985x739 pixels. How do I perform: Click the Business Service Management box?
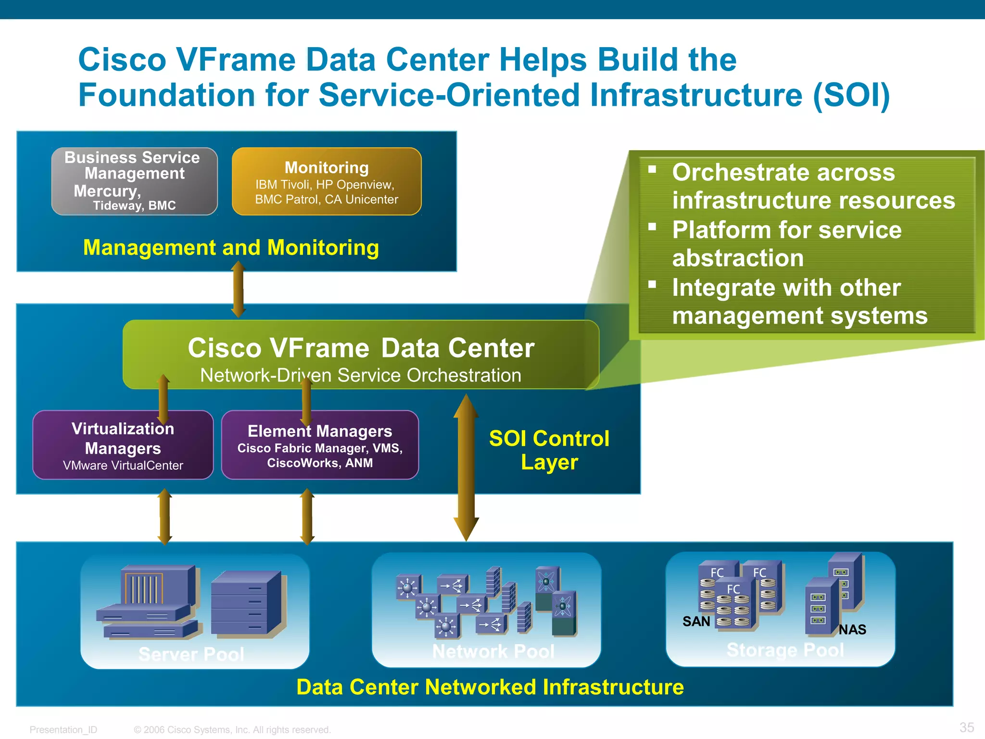tap(134, 181)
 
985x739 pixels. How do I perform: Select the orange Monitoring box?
tap(327, 181)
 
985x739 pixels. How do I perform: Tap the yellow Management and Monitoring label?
tap(231, 248)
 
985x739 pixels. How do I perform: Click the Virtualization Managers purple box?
tap(123, 445)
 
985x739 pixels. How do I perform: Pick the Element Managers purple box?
tap(320, 445)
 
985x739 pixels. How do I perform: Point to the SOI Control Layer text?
tap(549, 450)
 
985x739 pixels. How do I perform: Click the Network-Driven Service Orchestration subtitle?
tap(360, 375)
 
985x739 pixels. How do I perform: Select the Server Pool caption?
tap(191, 654)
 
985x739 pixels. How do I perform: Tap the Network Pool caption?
tap(493, 651)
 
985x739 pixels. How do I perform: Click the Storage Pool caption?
tap(785, 650)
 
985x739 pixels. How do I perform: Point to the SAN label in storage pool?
tap(696, 622)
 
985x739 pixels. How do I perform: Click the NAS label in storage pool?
tap(852, 629)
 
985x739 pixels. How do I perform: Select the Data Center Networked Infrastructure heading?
tap(490, 687)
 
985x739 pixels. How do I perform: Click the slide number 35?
tap(966, 727)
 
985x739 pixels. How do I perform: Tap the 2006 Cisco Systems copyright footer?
tap(232, 730)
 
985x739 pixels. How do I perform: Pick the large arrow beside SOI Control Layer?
tap(466, 467)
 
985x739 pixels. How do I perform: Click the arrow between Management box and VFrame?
tap(238, 289)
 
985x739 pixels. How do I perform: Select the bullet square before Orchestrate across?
tap(652, 169)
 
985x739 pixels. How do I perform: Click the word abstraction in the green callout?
tap(738, 258)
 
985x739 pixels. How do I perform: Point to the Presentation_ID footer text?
tap(63, 730)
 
